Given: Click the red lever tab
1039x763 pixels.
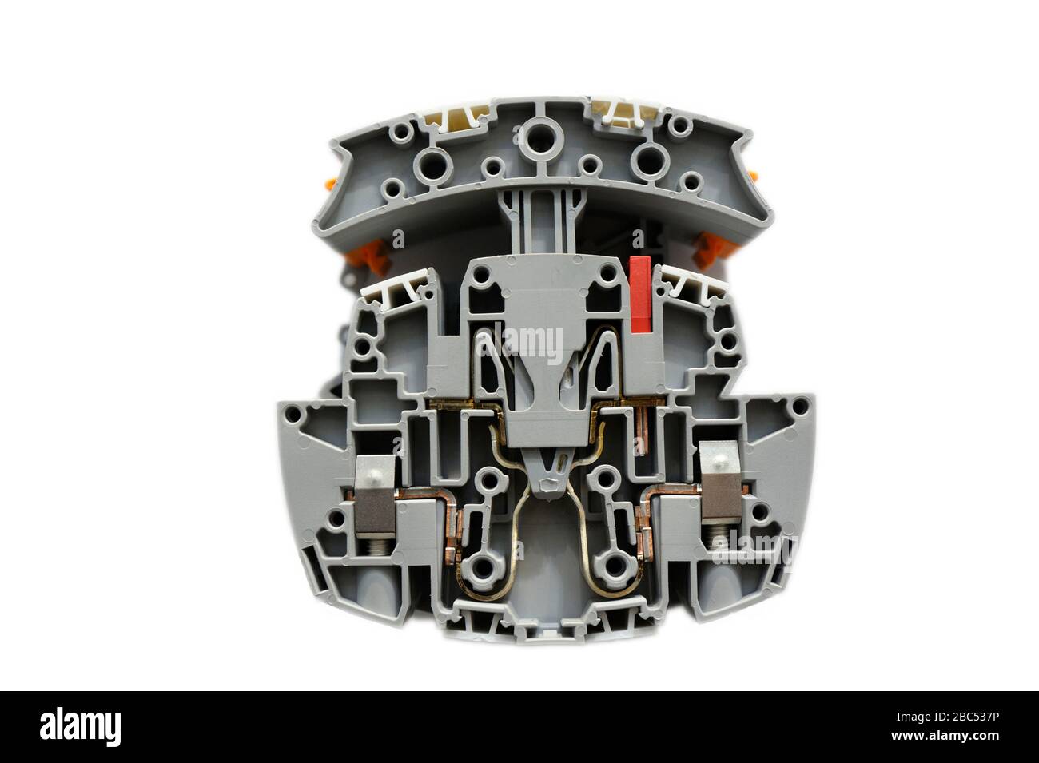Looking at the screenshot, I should point(640,293).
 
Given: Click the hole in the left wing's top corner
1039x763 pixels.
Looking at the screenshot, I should point(294,415).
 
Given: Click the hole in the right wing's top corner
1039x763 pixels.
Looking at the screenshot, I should point(795,407).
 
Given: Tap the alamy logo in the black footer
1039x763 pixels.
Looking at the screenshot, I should point(81,727).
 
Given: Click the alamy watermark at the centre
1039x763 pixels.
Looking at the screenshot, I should point(519,343).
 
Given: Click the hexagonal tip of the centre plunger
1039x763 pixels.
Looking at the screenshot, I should point(547,484).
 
